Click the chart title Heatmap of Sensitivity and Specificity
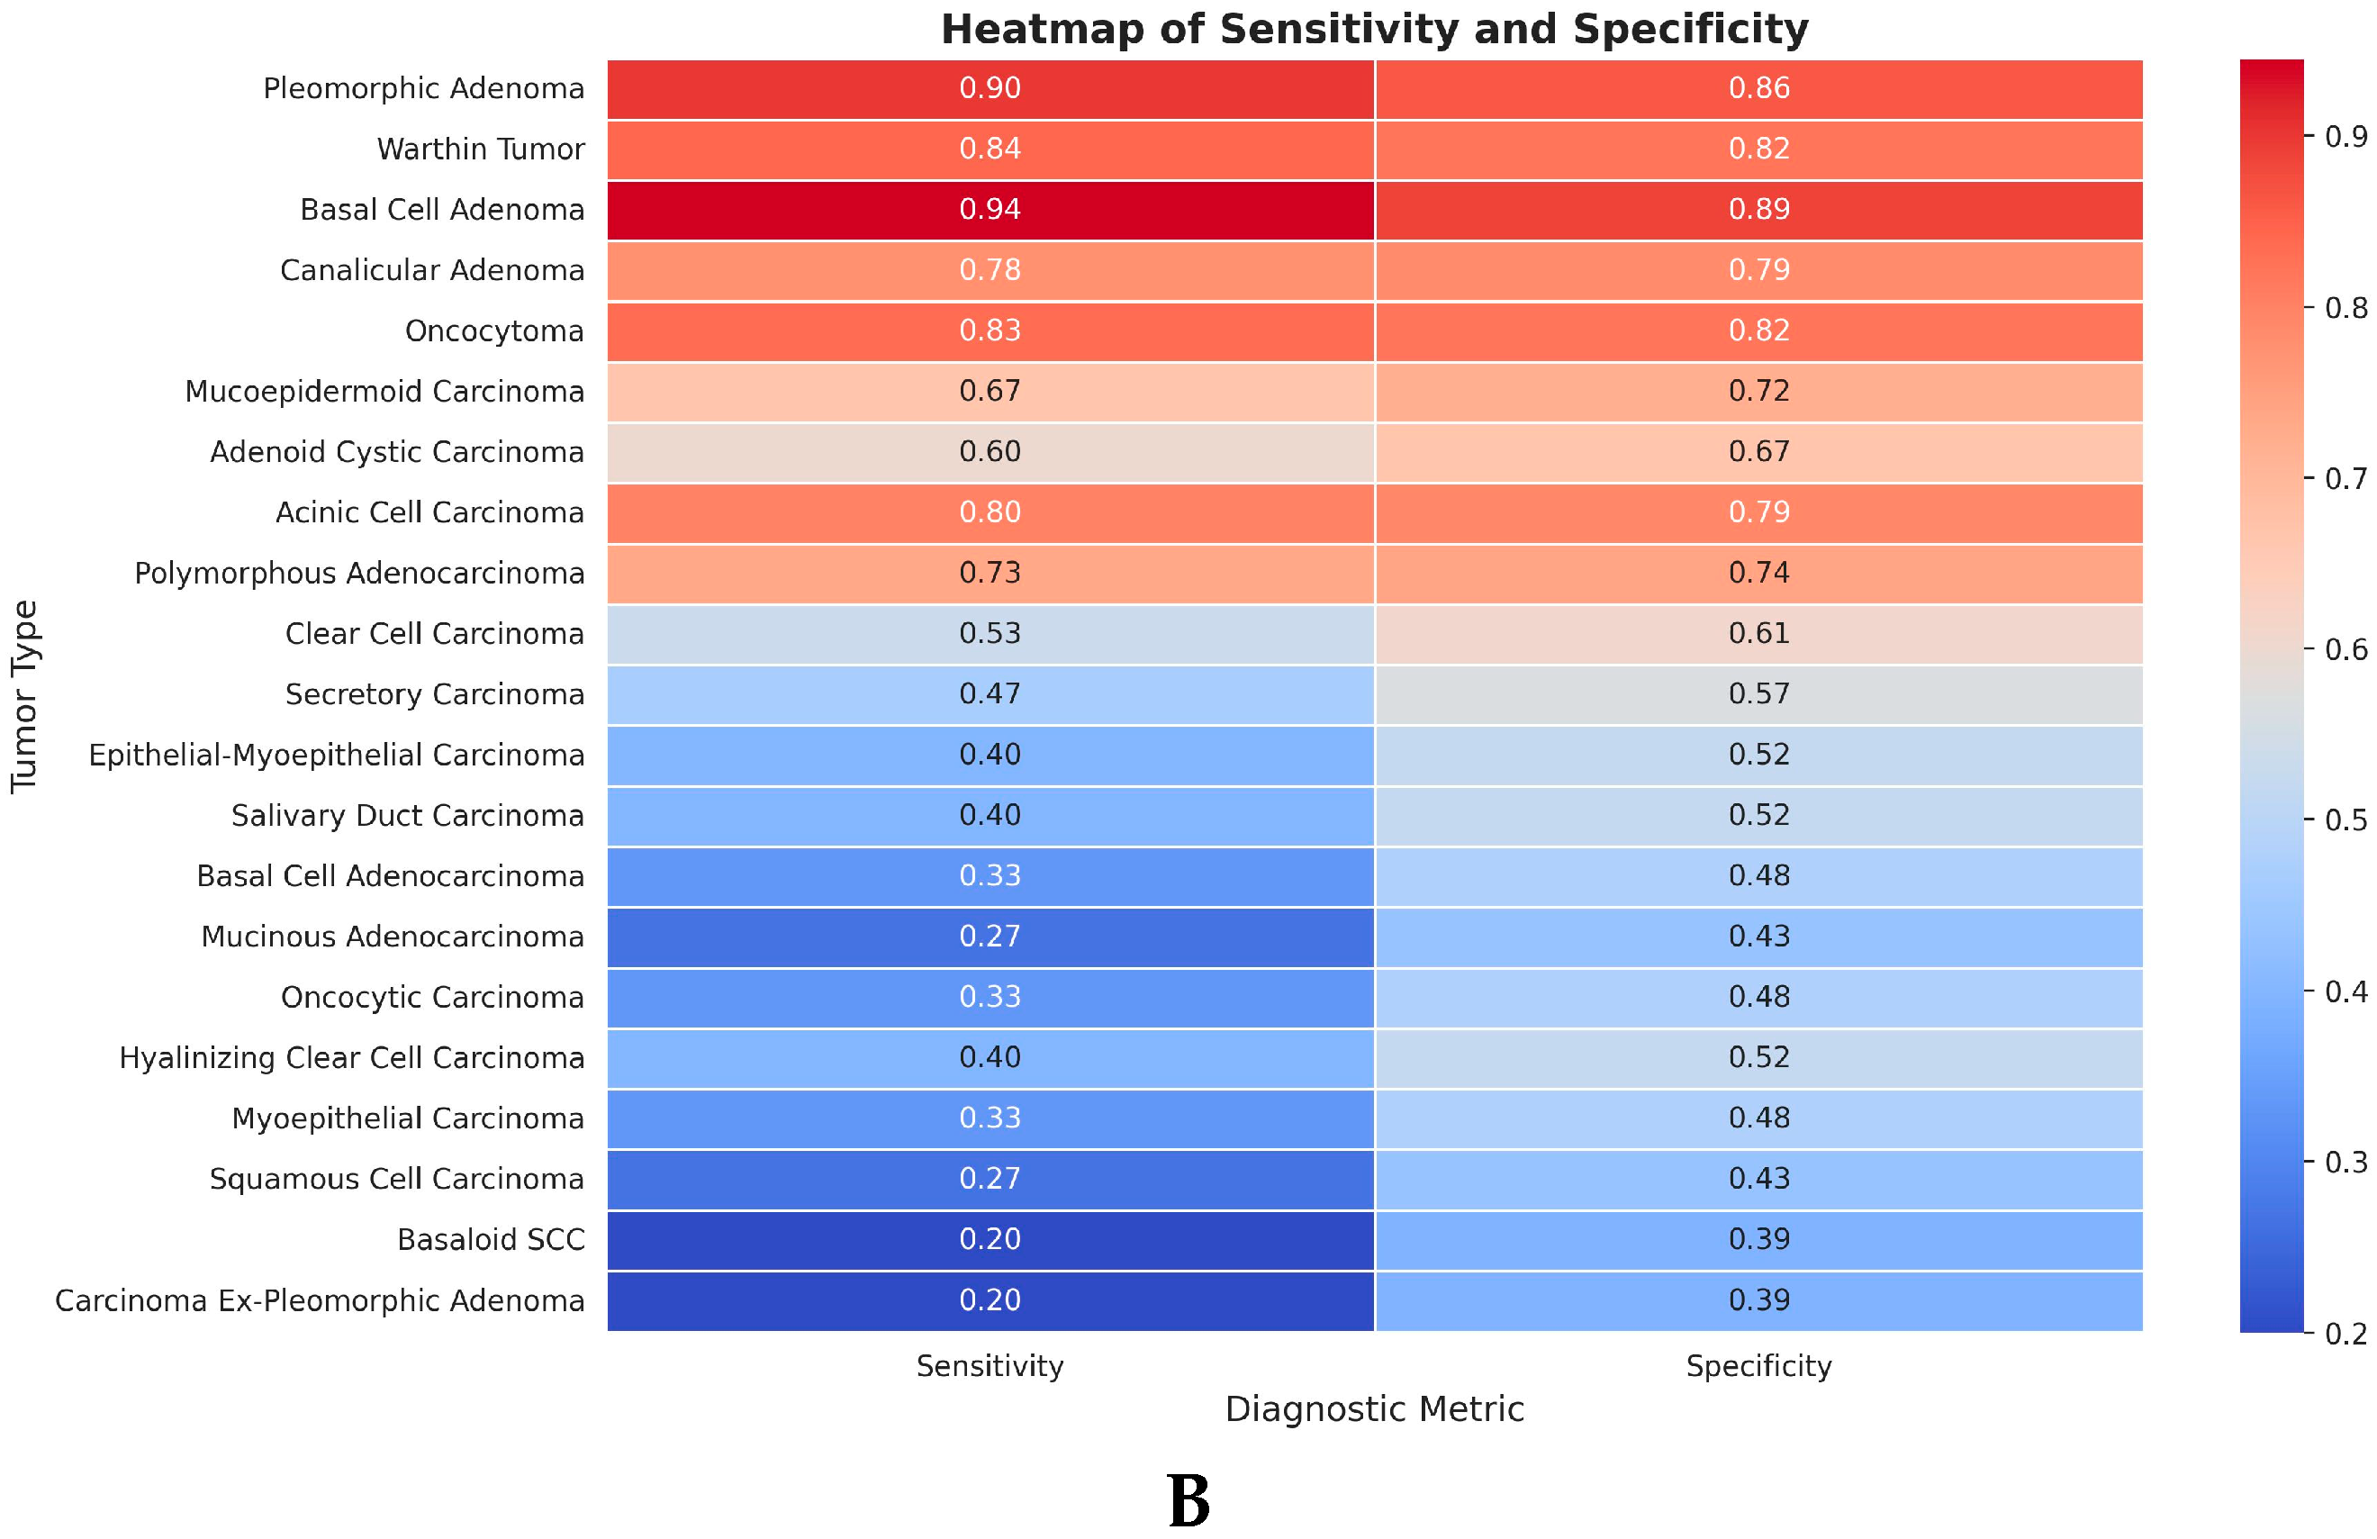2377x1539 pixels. [x=1374, y=29]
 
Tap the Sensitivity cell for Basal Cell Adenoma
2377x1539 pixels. [x=990, y=210]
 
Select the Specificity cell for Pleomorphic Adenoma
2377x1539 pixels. [x=1758, y=89]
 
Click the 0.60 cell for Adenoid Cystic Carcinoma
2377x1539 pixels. [x=990, y=452]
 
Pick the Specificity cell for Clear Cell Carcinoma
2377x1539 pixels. [x=1758, y=634]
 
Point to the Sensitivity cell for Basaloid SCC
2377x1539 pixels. [x=990, y=1239]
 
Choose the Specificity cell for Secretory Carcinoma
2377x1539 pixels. [x=1758, y=694]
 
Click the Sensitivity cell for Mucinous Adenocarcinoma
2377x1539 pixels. [x=990, y=937]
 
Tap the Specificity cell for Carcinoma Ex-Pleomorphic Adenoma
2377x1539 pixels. [x=1758, y=1300]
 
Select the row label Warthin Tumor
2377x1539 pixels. [x=481, y=149]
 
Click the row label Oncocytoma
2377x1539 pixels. [x=494, y=331]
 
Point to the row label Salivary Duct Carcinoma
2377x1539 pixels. [x=408, y=816]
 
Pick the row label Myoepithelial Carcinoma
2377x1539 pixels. [x=408, y=1118]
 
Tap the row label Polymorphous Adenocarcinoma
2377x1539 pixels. [x=359, y=575]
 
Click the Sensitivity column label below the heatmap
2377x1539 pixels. [x=990, y=1366]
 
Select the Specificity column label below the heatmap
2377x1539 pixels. [x=1758, y=1366]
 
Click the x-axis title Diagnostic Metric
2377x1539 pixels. [x=1374, y=1410]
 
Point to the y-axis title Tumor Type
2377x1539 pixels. [x=24, y=696]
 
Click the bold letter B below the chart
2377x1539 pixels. [x=1188, y=1502]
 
